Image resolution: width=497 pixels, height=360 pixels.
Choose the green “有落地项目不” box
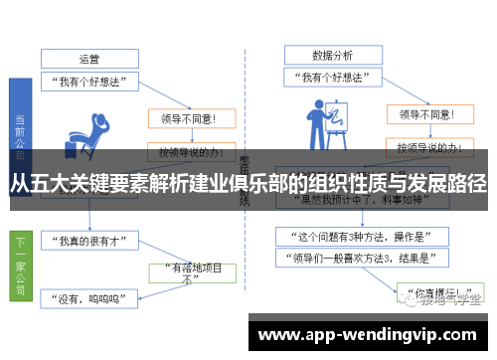pos(191,273)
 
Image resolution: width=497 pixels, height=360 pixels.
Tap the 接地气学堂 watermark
pos(441,296)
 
